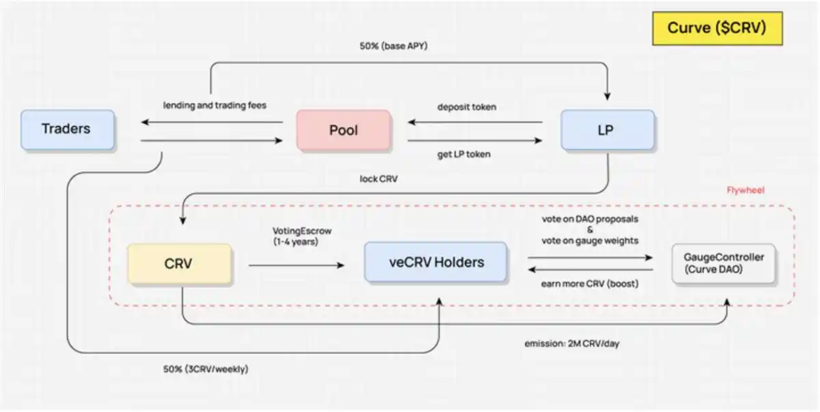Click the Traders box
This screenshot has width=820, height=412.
(67, 129)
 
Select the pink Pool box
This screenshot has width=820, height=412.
(344, 130)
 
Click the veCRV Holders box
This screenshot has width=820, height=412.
(435, 262)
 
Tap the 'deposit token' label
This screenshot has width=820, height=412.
(467, 107)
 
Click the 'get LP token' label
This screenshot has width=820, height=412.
(464, 154)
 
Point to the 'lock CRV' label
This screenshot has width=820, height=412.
(378, 179)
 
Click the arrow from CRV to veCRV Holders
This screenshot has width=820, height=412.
(297, 264)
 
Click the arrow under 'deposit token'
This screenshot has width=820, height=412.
(476, 123)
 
